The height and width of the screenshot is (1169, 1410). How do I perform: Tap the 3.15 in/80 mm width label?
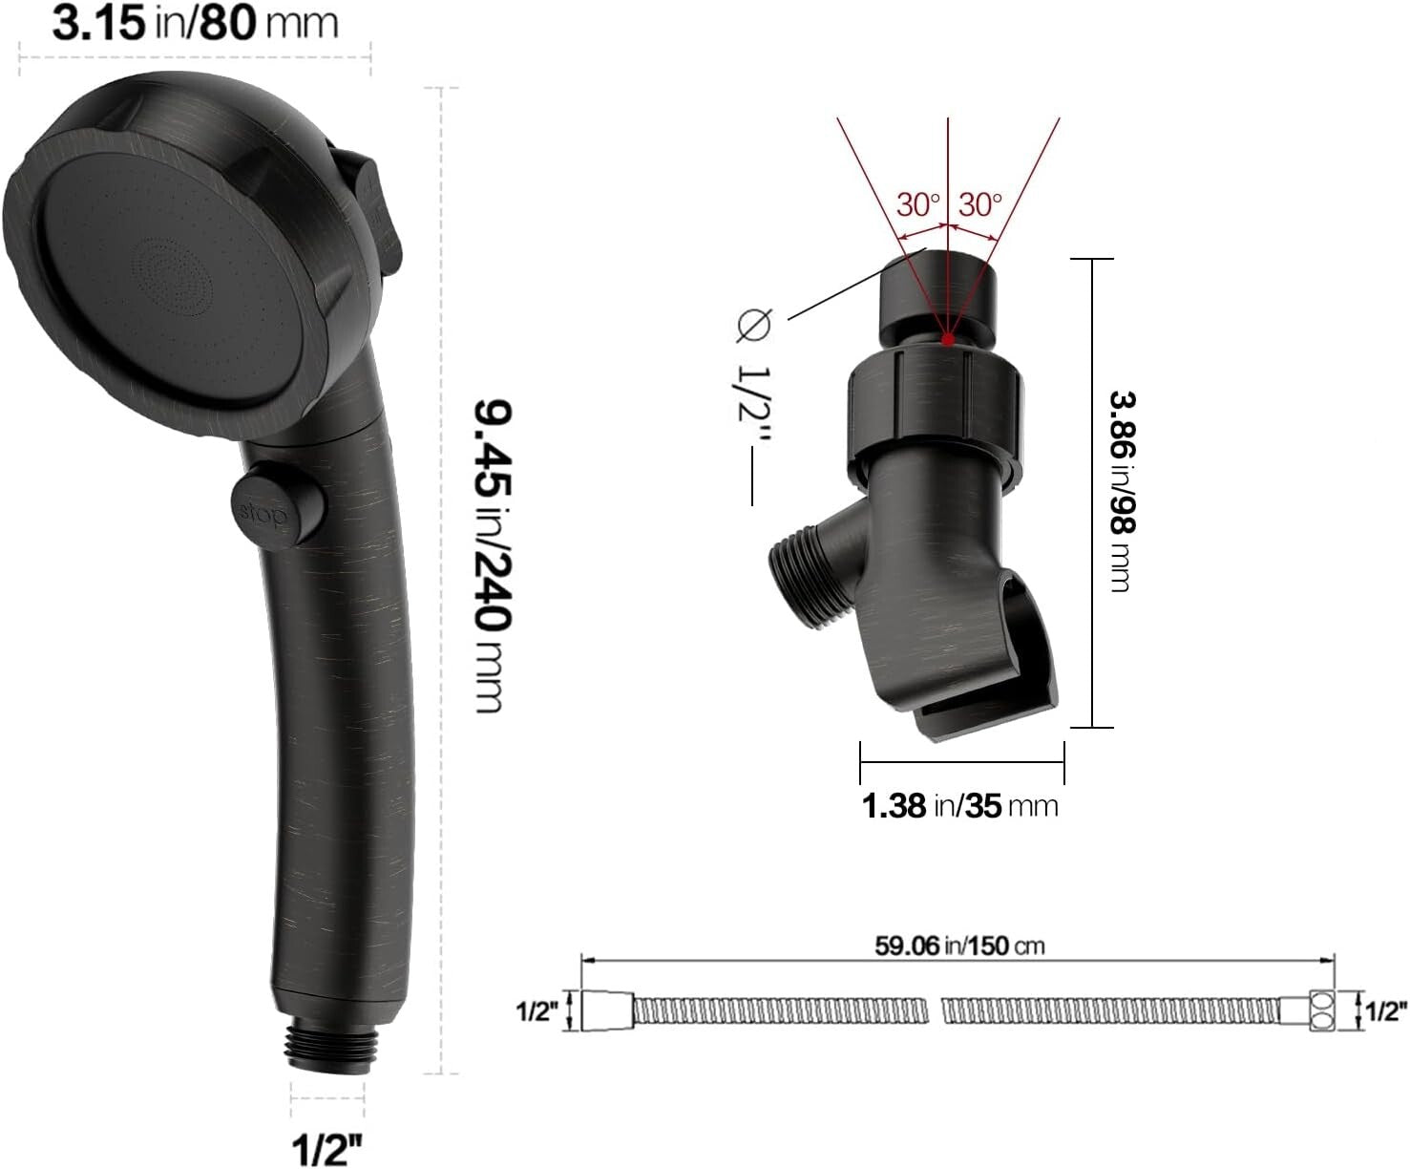pyautogui.click(x=195, y=23)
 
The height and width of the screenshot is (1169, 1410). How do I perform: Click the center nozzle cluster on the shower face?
pyautogui.click(x=170, y=276)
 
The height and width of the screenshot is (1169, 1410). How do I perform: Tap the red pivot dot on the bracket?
pyautogui.click(x=947, y=338)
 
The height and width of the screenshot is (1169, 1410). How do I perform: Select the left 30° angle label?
pyautogui.click(x=917, y=204)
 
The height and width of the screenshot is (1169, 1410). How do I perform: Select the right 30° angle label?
pyautogui.click(x=980, y=204)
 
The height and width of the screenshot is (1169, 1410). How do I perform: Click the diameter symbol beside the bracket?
pyautogui.click(x=751, y=326)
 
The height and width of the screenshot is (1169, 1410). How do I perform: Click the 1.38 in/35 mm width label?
pyautogui.click(x=960, y=805)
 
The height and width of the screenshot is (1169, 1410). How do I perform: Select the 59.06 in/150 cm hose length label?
pyautogui.click(x=959, y=946)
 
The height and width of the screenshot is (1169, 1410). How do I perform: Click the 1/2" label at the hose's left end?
pyautogui.click(x=536, y=1011)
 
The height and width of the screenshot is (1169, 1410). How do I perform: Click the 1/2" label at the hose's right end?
pyautogui.click(x=1387, y=1011)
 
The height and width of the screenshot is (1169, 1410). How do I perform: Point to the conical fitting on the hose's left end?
pyautogui.click(x=606, y=1011)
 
